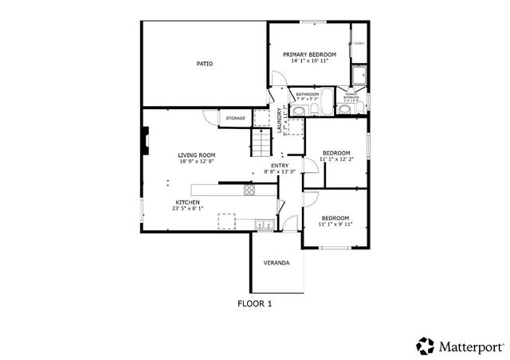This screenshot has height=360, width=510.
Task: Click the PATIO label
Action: click(205, 63)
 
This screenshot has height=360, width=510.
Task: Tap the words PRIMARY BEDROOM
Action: click(309, 54)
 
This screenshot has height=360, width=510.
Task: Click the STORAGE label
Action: click(235, 119)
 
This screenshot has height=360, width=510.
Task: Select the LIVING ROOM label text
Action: click(196, 155)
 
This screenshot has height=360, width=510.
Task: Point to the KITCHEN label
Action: click(187, 202)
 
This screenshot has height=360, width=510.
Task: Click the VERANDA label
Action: click(277, 262)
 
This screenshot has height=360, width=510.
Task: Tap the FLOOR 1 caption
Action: click(255, 303)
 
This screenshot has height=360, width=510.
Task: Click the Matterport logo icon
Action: click(425, 346)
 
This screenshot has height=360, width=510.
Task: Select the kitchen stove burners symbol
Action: click(249, 190)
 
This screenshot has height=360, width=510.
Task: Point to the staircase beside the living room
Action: click(263, 143)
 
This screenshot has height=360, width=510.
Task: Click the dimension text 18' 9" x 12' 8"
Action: click(196, 162)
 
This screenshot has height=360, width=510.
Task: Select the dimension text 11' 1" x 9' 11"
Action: click(335, 225)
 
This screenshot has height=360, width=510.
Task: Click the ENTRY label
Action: click(280, 165)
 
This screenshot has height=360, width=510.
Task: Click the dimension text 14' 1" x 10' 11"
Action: click(309, 61)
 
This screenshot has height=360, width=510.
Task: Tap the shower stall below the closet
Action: click(359, 74)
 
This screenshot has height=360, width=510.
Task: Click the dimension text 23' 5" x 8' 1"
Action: click(187, 209)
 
